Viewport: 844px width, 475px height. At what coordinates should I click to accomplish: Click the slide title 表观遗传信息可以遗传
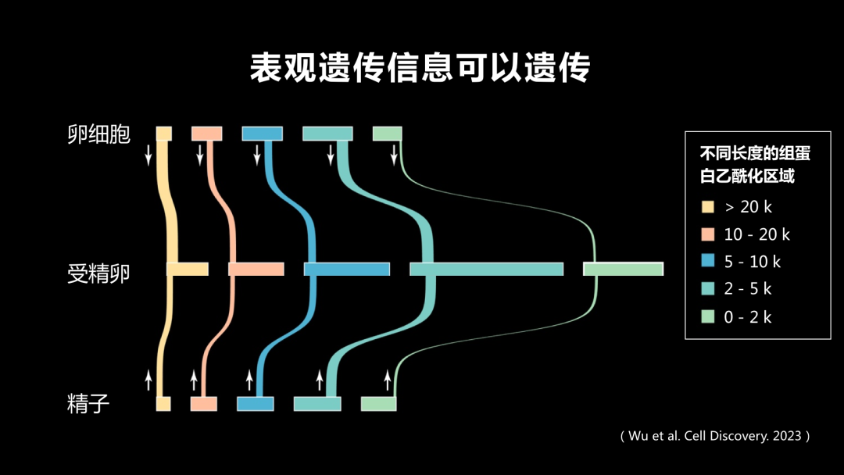[420, 69]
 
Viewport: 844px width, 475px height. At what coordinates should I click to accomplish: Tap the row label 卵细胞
[99, 134]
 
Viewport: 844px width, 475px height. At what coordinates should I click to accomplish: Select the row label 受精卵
[99, 273]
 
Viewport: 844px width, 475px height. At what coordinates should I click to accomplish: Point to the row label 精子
[88, 404]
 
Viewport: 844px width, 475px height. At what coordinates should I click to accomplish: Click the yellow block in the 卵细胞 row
[164, 134]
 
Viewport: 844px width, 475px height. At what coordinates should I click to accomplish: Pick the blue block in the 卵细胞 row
[262, 134]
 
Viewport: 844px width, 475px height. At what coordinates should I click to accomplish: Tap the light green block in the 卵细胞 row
[387, 134]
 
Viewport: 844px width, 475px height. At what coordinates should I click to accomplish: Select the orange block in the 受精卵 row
[256, 270]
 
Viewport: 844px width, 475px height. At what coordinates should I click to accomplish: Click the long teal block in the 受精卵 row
[486, 270]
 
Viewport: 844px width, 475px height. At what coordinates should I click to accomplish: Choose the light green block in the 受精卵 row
[623, 270]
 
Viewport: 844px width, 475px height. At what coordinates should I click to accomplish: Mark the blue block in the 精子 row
[256, 404]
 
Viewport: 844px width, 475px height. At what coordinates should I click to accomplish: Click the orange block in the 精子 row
[204, 404]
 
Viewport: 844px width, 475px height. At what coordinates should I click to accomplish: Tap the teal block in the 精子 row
[317, 404]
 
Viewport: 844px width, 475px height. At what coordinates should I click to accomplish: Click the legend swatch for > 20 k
[708, 207]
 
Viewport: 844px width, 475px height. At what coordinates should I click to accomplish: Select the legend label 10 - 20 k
[757, 234]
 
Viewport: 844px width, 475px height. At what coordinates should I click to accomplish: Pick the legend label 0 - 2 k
[748, 317]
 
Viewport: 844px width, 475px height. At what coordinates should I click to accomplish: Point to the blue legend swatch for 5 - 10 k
[708, 262]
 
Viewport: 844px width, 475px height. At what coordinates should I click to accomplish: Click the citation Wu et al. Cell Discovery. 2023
[715, 436]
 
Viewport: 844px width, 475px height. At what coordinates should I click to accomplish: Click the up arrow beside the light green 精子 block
[387, 380]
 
